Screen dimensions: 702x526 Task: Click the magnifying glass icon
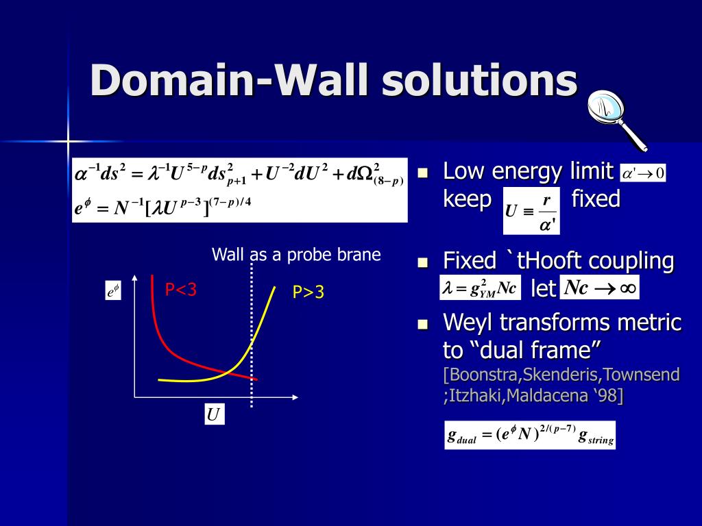[x=617, y=119]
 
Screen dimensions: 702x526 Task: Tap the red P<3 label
[x=181, y=290]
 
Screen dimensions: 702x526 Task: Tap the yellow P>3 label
[x=308, y=292]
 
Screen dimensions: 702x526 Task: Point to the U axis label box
[x=214, y=414]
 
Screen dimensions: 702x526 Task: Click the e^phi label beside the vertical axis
[x=113, y=290]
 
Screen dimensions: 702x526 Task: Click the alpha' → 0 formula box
[x=643, y=173]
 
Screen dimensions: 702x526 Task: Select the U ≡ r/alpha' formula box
[x=531, y=211]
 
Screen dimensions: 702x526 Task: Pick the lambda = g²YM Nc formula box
[x=480, y=288]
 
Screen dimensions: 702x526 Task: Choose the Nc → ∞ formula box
[x=599, y=288]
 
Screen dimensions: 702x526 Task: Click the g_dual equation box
[x=530, y=435]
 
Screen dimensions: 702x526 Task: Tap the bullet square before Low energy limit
[x=423, y=173]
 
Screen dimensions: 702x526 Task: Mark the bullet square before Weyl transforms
[x=423, y=324]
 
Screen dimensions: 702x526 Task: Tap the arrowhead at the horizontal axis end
[x=295, y=397]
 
